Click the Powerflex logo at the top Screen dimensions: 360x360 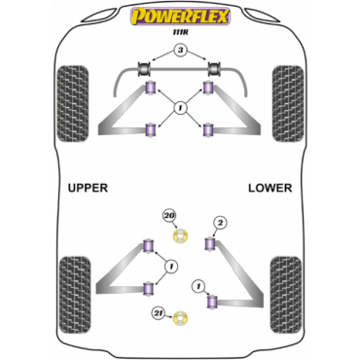180,17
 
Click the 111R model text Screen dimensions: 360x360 180,32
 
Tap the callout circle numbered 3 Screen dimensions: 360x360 180,51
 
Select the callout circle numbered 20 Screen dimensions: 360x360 169,216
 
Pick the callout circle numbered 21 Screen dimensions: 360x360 159,313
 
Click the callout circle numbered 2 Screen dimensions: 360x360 221,223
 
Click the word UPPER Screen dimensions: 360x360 88,188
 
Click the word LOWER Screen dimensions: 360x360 270,188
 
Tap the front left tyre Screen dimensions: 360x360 73,103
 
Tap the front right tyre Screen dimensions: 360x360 288,103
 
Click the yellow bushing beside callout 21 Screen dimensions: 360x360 181,318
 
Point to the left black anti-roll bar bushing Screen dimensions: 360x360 144,69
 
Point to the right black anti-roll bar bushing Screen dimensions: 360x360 213,69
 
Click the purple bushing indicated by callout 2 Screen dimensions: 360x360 210,244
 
